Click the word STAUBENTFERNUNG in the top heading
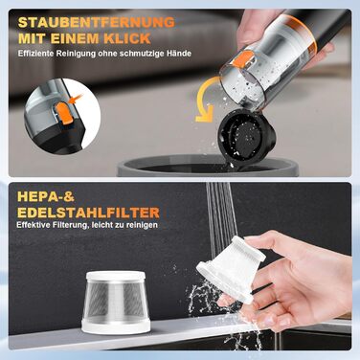tap(97, 22)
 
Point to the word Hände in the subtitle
tap(179, 54)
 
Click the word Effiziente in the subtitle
tap(36, 54)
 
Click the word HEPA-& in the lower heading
tap(46, 196)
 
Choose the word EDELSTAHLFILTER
tap(88, 213)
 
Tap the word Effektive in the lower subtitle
tap(32, 225)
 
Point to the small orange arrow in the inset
tap(77, 99)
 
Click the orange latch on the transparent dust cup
tap(243, 59)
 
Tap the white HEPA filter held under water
tap(231, 270)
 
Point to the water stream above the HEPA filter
tap(221, 212)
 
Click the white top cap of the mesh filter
tap(116, 277)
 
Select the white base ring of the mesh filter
tap(116, 326)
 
